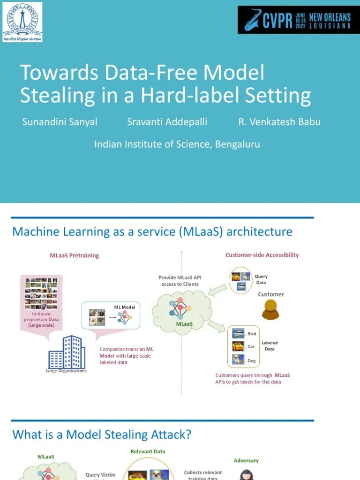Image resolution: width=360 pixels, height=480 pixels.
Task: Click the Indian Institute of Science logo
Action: [x=22, y=22]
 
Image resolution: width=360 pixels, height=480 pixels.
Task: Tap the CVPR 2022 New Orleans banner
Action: [x=298, y=20]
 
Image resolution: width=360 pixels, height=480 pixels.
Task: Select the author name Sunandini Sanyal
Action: [x=60, y=122]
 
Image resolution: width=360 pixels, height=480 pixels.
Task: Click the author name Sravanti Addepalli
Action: [x=167, y=122]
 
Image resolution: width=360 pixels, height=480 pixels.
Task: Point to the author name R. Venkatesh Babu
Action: [x=279, y=122]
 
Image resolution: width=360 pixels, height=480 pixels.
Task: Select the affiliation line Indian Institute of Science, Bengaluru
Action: [x=177, y=144]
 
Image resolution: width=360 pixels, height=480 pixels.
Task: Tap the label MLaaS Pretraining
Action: [x=75, y=255]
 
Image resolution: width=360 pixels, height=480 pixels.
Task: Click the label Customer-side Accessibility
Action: [x=262, y=255]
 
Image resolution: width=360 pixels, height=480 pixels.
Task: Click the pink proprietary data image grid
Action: [x=41, y=294]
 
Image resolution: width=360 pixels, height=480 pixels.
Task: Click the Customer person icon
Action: [x=270, y=310]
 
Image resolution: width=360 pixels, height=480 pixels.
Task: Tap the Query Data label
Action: [x=261, y=279]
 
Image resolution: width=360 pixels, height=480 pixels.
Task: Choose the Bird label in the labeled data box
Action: [x=252, y=334]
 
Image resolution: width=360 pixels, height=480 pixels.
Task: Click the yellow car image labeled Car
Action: [x=238, y=346]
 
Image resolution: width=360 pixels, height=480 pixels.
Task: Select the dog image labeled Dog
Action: [x=238, y=360]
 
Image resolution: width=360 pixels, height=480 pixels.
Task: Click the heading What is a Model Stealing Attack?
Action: [x=102, y=435]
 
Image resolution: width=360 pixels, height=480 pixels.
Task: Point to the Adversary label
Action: [x=246, y=460]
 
